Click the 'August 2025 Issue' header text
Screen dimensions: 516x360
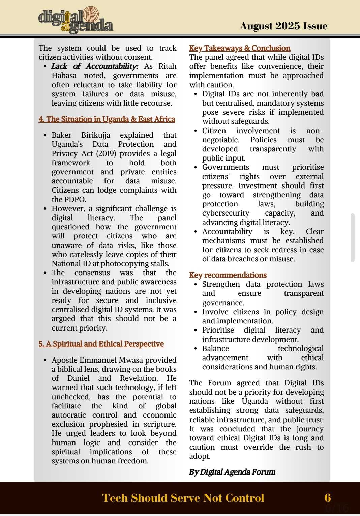(x=283, y=26)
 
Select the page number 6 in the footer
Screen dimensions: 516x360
(x=327, y=498)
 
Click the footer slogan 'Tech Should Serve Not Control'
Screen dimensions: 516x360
(x=183, y=498)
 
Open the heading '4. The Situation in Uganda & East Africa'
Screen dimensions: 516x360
(x=107, y=119)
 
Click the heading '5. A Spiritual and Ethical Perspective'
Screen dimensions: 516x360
(x=101, y=344)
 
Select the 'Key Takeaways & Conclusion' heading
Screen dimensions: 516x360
(x=240, y=48)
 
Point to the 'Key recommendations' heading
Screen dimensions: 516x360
(x=228, y=275)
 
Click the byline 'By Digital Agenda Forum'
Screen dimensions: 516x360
(x=232, y=472)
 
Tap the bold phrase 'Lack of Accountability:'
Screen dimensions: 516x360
(x=95, y=66)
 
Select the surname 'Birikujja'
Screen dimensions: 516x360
(x=96, y=135)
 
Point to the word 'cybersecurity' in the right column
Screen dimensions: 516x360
(x=226, y=213)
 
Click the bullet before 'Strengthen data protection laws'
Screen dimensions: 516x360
(x=196, y=285)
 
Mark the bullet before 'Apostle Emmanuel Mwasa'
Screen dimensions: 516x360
(x=45, y=361)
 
